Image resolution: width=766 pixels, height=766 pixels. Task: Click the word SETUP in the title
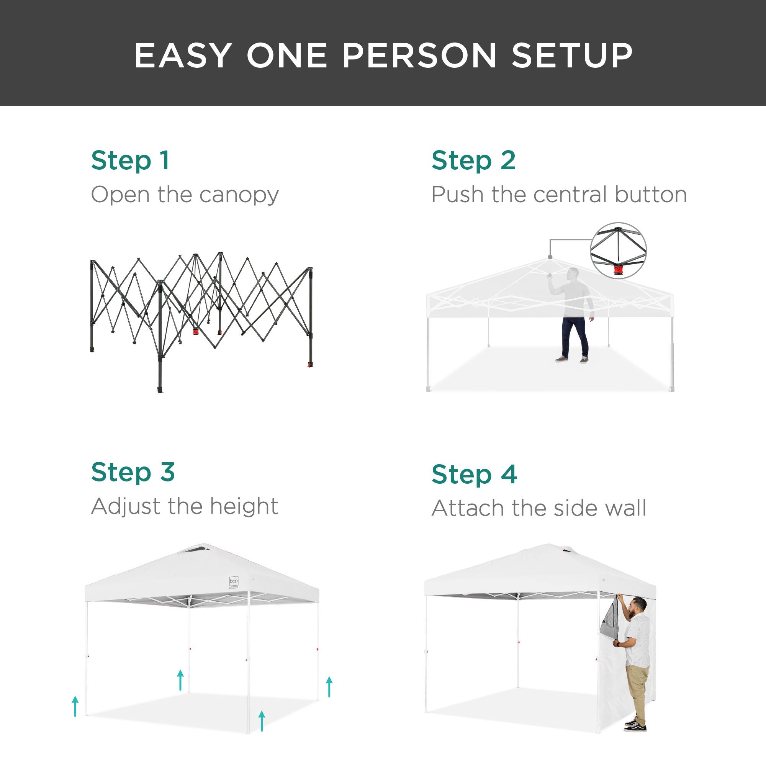pyautogui.click(x=572, y=56)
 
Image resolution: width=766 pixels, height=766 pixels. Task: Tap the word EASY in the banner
pyautogui.click(x=183, y=56)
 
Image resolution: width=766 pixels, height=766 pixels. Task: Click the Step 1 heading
pyautogui.click(x=130, y=161)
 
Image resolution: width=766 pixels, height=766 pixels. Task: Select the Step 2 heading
pyautogui.click(x=473, y=161)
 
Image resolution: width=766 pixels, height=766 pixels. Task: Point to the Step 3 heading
pyautogui.click(x=133, y=473)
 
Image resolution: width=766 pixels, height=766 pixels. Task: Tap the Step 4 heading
pyautogui.click(x=474, y=475)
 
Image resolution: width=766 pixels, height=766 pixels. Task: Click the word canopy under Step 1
pyautogui.click(x=239, y=195)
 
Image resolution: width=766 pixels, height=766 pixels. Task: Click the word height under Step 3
pyautogui.click(x=244, y=506)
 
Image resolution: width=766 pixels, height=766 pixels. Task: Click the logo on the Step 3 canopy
pyautogui.click(x=234, y=582)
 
